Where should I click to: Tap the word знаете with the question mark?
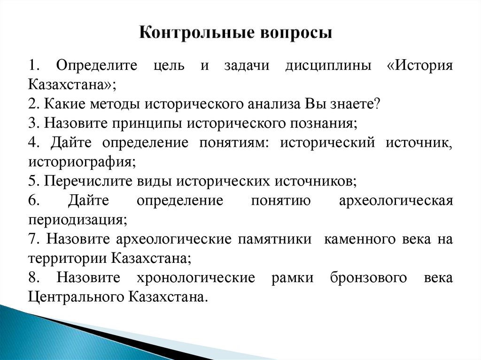(351, 104)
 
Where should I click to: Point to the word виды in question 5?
(149, 182)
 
